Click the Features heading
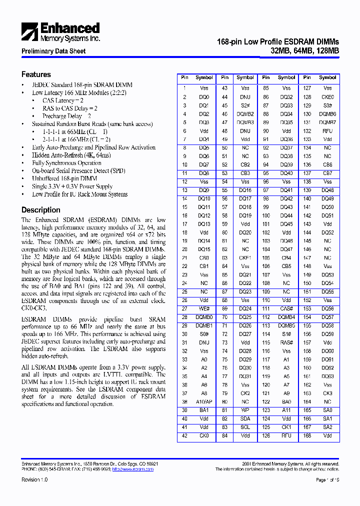coord(36,74)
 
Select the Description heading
coord(40,210)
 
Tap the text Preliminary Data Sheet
coord(53,51)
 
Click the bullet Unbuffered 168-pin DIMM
coord(64,178)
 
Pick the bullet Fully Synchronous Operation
coord(66,163)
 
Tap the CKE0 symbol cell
coord(327,97)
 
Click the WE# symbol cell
coord(204,308)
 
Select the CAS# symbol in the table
coord(286,308)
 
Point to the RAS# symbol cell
coord(286,342)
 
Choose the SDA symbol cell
coord(245,418)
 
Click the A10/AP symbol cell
coord(204,401)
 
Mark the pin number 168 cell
coord(307,435)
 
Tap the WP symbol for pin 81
coord(245,410)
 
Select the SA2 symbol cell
coord(327,427)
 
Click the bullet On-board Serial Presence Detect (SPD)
coord(78,170)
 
